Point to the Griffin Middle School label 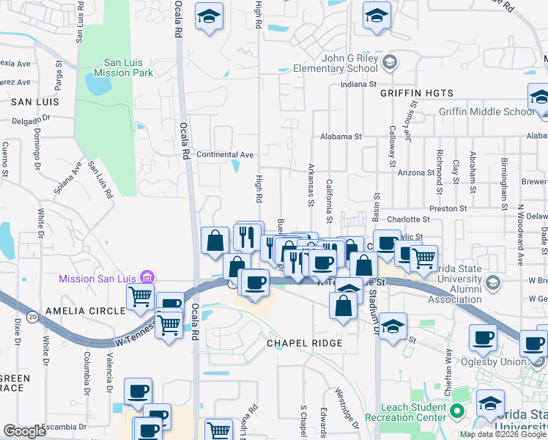[x=486, y=111]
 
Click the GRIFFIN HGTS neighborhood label [x=417, y=93]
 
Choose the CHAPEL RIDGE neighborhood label [x=304, y=343]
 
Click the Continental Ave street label [x=225, y=155]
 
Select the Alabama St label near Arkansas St [x=341, y=136]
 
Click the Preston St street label [x=448, y=208]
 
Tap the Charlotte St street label [x=408, y=219]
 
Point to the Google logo [x=24, y=431]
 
